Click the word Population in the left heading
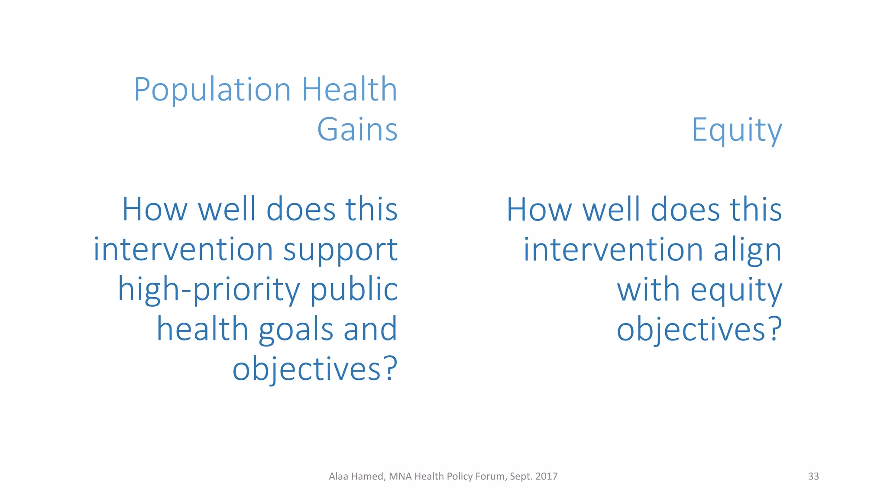pos(212,90)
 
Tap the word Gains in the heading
pos(357,130)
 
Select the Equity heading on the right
pos(737,130)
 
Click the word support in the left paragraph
pos(340,251)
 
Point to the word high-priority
pos(209,290)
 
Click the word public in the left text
pos(354,289)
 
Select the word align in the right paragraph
pos(747,251)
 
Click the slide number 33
pos(813,476)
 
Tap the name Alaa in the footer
pos(338,476)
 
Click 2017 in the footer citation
pos(547,476)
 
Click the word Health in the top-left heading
pos(349,90)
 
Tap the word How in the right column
pos(539,210)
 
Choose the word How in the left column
pos(155,210)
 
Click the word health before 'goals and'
pos(202,329)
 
